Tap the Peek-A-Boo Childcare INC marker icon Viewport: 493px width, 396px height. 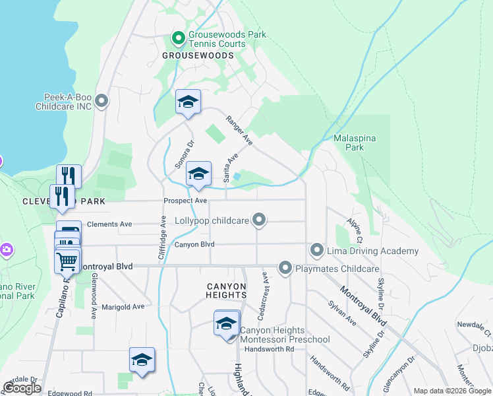[101, 101]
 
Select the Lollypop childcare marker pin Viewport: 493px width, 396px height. [260, 220]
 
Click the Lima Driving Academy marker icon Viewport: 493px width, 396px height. [317, 251]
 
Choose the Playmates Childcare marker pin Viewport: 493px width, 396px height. [285, 268]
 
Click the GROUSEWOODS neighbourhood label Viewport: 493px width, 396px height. [194, 56]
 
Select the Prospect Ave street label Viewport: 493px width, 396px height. [185, 200]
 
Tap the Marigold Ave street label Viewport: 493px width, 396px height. [123, 307]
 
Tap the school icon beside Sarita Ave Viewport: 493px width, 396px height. [198, 174]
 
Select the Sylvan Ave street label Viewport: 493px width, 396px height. [343, 313]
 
